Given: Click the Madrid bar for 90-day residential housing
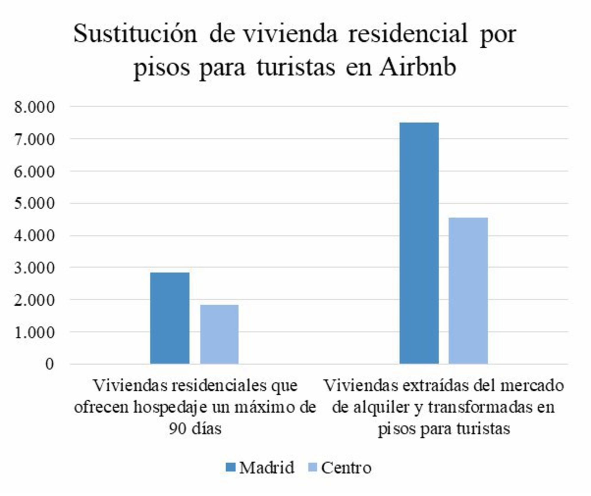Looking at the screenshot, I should coord(170,318).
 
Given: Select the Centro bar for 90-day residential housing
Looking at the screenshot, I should coord(219,334).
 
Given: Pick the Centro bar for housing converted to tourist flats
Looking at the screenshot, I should coord(468,290).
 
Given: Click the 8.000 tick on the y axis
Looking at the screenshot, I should coord(35,107).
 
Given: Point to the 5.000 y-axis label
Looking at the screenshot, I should coord(35,203).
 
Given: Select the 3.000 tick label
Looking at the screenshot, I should coord(35,268).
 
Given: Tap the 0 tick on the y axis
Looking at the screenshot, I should coord(50,364).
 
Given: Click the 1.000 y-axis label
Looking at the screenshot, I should coord(35,332).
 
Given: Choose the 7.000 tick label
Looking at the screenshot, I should coord(35,139).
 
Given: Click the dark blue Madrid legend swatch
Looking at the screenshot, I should coord(230,467).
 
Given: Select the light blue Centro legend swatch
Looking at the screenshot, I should coord(312,467).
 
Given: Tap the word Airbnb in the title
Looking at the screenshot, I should coord(418,68).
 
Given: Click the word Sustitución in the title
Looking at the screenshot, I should coord(135,34).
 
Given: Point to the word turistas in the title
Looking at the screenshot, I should coord(296,68).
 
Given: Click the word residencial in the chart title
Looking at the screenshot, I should coord(408,34).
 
